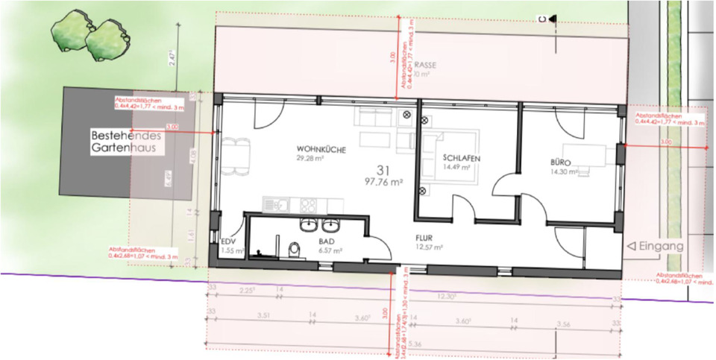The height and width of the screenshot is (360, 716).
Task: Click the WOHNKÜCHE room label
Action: pos(321,150)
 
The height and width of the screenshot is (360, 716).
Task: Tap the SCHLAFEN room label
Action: pos(460,159)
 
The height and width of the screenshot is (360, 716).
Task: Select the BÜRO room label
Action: pos(560,161)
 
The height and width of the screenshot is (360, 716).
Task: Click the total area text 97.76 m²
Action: pos(384,181)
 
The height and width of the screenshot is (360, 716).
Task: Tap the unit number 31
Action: pos(383,168)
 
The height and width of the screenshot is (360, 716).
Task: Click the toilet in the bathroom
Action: pos(295,250)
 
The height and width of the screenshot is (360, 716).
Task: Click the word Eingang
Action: pos(663,244)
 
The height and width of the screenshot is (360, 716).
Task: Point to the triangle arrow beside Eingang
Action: pos(630,244)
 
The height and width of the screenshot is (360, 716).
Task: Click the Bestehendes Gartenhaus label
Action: pos(125,143)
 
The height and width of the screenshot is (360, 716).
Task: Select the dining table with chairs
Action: pos(236,154)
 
